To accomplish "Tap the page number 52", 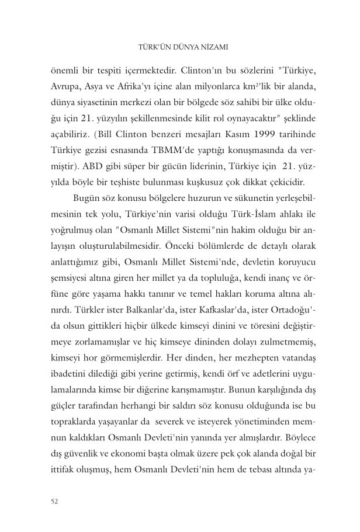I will pos(57,500).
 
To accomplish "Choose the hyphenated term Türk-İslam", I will pos(220,208).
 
